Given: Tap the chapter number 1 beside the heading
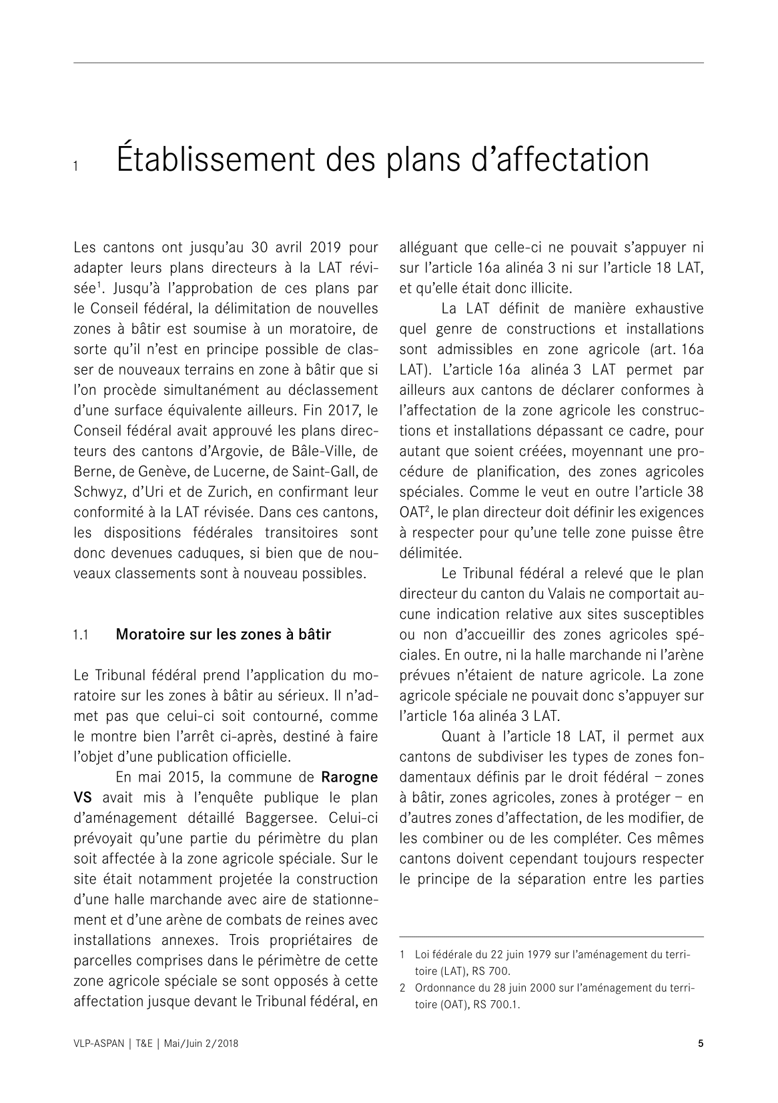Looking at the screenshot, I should coord(77,167).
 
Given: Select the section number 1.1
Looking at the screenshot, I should coord(81,635).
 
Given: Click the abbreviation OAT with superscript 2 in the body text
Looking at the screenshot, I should coord(414,513).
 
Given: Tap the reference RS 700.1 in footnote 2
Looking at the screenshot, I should coord(496,1006).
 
